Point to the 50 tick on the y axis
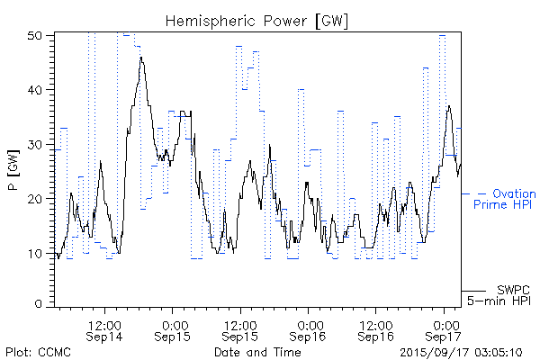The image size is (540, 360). [x=36, y=35]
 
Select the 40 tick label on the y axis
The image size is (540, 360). [x=36, y=89]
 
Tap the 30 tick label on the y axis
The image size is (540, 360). [x=36, y=144]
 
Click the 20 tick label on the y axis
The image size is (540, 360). [x=36, y=198]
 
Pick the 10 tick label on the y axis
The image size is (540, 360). [x=36, y=253]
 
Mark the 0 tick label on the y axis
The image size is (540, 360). [x=40, y=305]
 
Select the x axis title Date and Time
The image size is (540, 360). [x=257, y=351]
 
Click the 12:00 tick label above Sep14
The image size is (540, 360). [x=105, y=323]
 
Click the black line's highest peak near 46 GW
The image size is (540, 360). [x=141, y=58]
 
